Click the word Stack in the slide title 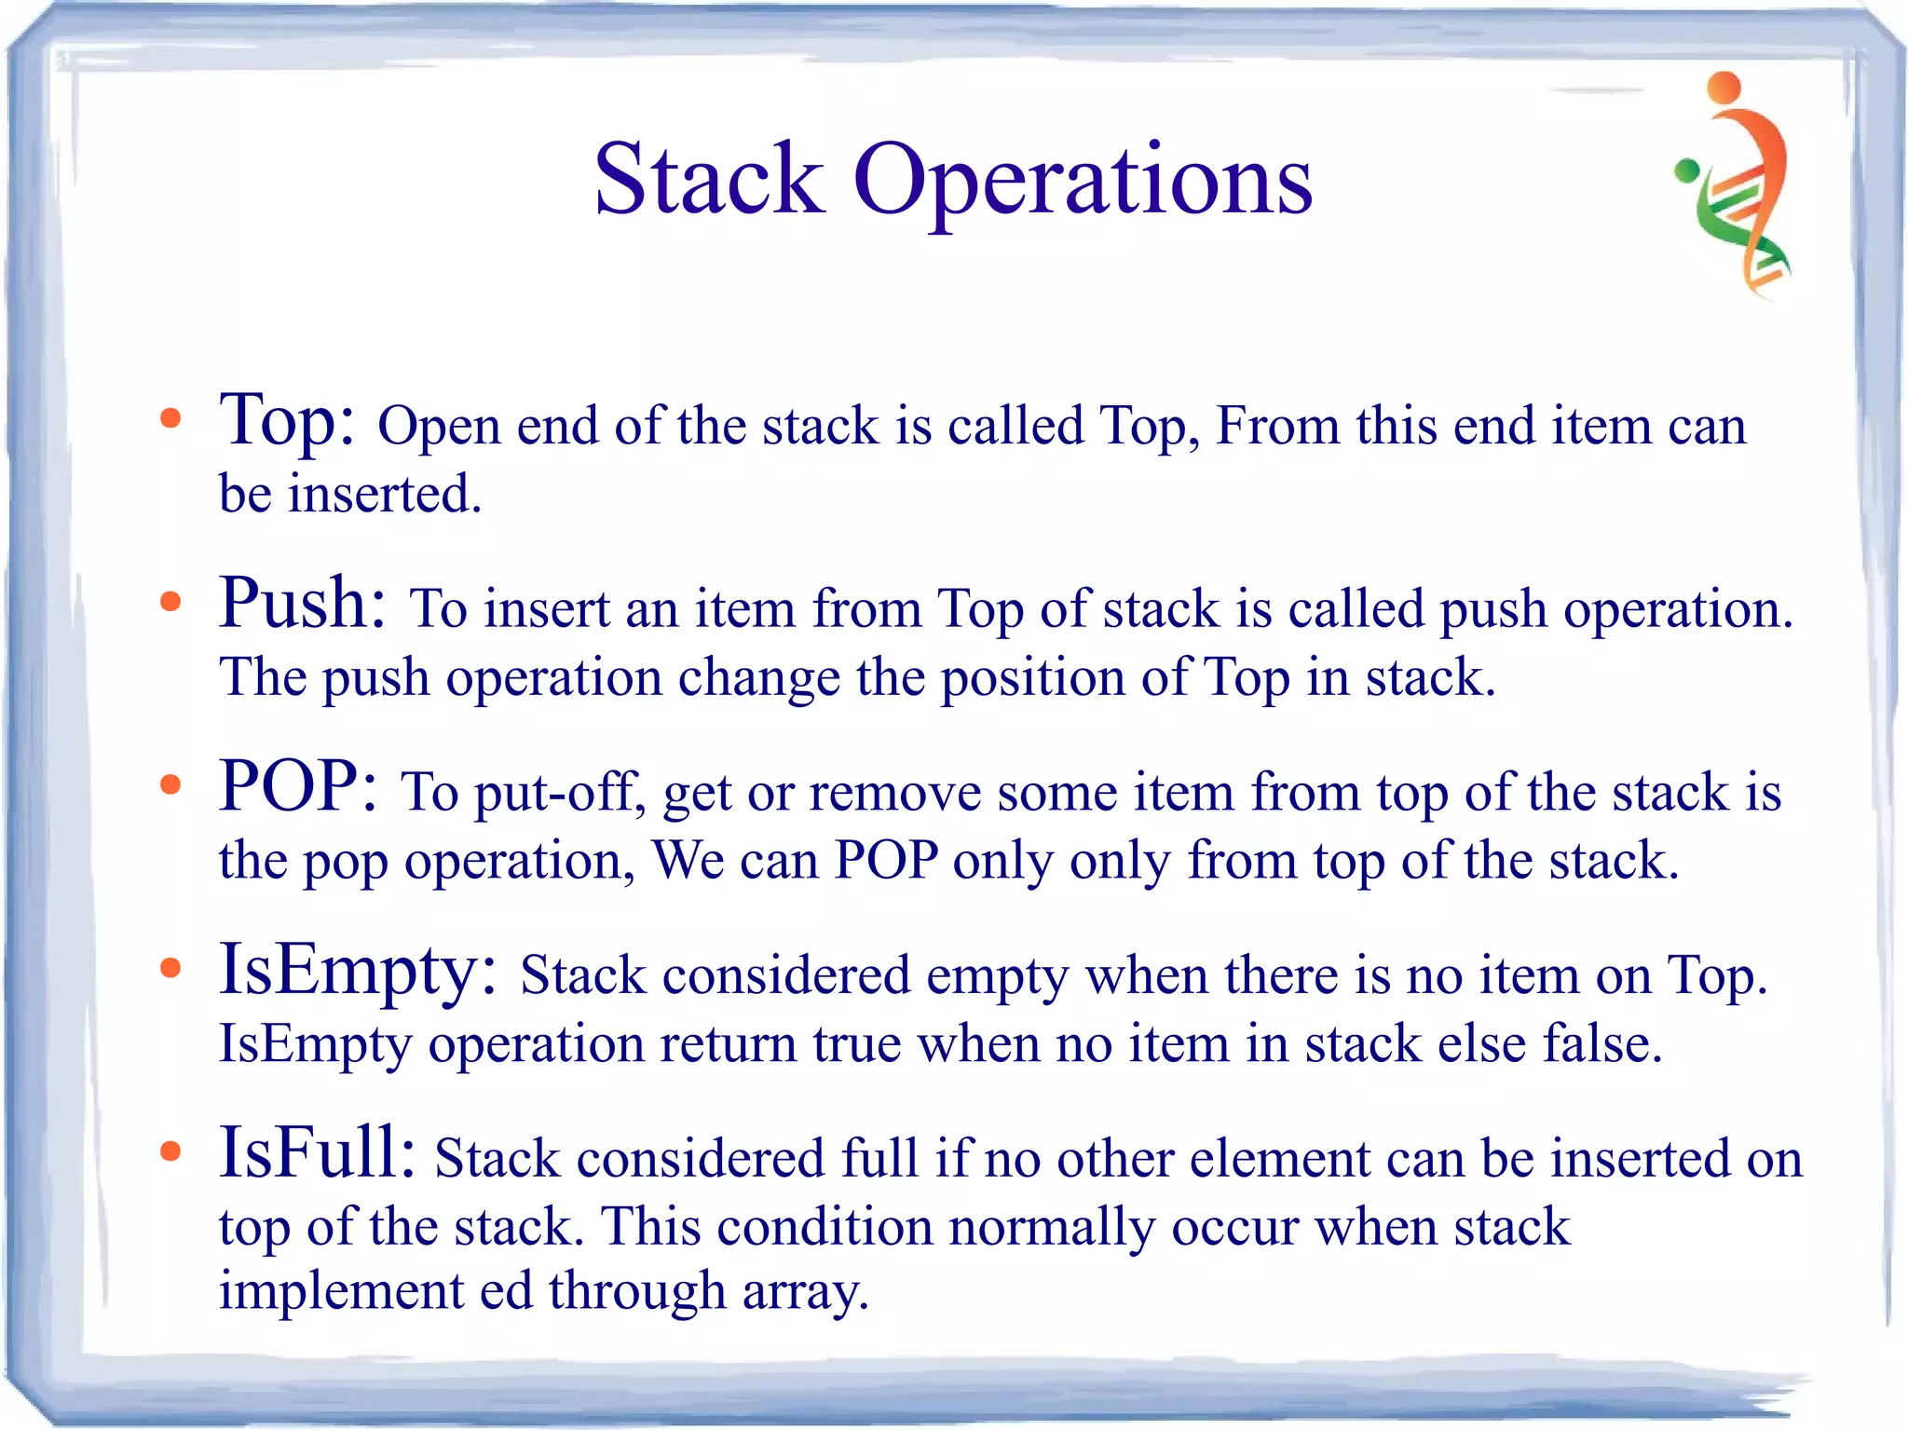tap(708, 179)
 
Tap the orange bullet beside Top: tap(170, 418)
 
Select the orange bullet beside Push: tap(170, 602)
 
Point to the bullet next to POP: tap(170, 785)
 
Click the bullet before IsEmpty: tap(170, 969)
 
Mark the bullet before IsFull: tap(170, 1152)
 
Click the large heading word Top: tap(286, 421)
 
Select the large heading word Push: tap(302, 604)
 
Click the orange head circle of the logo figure tap(1724, 87)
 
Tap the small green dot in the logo tap(1686, 170)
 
